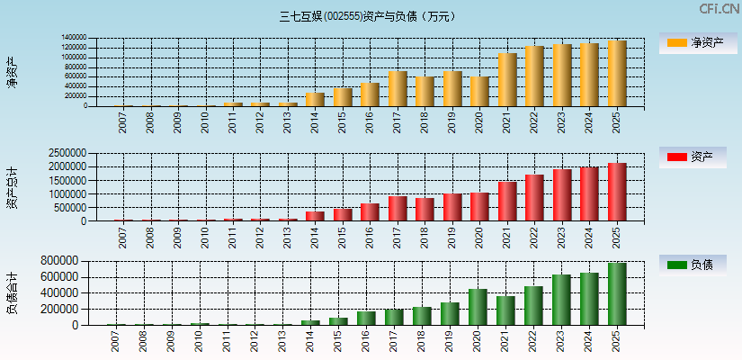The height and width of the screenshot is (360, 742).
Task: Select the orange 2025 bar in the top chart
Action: point(616,74)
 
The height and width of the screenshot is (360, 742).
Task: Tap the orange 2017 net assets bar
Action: point(398,88)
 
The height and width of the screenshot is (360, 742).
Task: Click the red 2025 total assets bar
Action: point(616,192)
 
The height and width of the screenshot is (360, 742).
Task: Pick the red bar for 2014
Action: point(315,216)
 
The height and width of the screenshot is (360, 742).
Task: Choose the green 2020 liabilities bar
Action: point(478,307)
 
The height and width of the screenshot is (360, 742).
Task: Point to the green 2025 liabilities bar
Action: point(616,294)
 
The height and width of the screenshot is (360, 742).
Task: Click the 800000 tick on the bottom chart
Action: point(58,261)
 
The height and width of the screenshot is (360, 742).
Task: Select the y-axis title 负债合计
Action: point(13,292)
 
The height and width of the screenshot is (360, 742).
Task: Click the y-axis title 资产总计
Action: point(13,187)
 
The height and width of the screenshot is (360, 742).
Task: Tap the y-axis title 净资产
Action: point(13,72)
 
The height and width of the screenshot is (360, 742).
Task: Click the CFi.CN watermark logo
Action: point(719,9)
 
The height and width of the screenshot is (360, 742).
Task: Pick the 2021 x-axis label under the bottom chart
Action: point(505,341)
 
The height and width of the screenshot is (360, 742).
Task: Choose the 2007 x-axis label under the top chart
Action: point(123,122)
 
